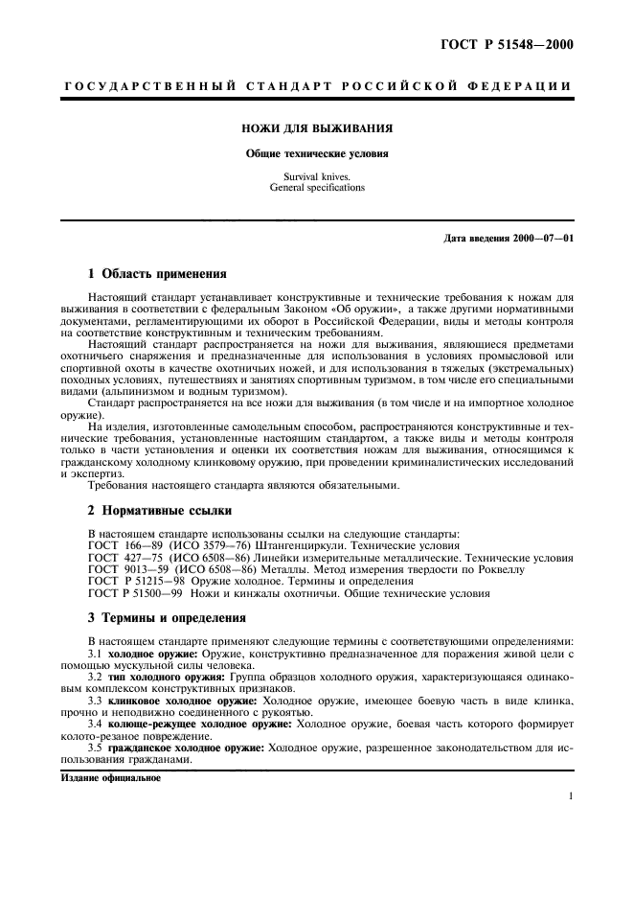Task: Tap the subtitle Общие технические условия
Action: [x=317, y=152]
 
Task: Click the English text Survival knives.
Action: [x=317, y=177]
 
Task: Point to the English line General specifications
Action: [x=317, y=188]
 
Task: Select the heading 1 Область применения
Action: [x=156, y=273]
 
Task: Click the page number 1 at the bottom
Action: [x=569, y=795]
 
